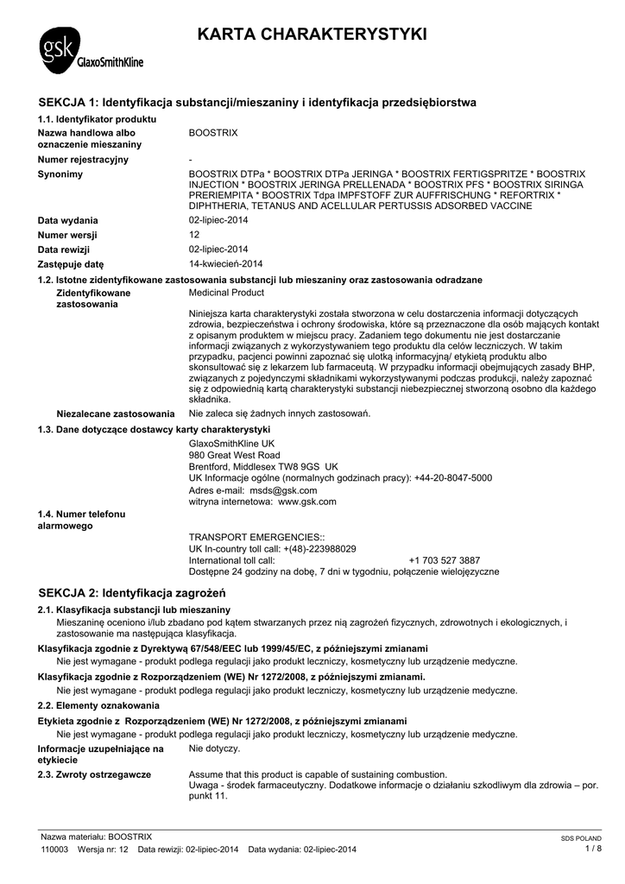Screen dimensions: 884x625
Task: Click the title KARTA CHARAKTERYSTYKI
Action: coord(312,35)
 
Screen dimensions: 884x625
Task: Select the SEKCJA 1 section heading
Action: coord(258,103)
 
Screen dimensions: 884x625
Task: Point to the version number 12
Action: coord(194,235)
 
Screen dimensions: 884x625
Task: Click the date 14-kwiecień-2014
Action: coord(226,263)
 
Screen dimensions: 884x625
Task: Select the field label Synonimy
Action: coord(60,174)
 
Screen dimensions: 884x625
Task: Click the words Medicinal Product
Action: coord(225,294)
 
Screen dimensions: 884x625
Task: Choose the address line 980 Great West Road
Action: coord(234,455)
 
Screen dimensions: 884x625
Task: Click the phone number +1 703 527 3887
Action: coord(445,560)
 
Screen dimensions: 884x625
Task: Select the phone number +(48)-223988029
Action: coord(314,549)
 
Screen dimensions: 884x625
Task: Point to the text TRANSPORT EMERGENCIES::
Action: coord(244,537)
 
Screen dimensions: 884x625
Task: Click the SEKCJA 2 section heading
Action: coord(132,593)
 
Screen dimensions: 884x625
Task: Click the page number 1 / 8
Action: coord(593,849)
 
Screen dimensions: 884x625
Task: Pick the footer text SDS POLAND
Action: coord(581,838)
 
